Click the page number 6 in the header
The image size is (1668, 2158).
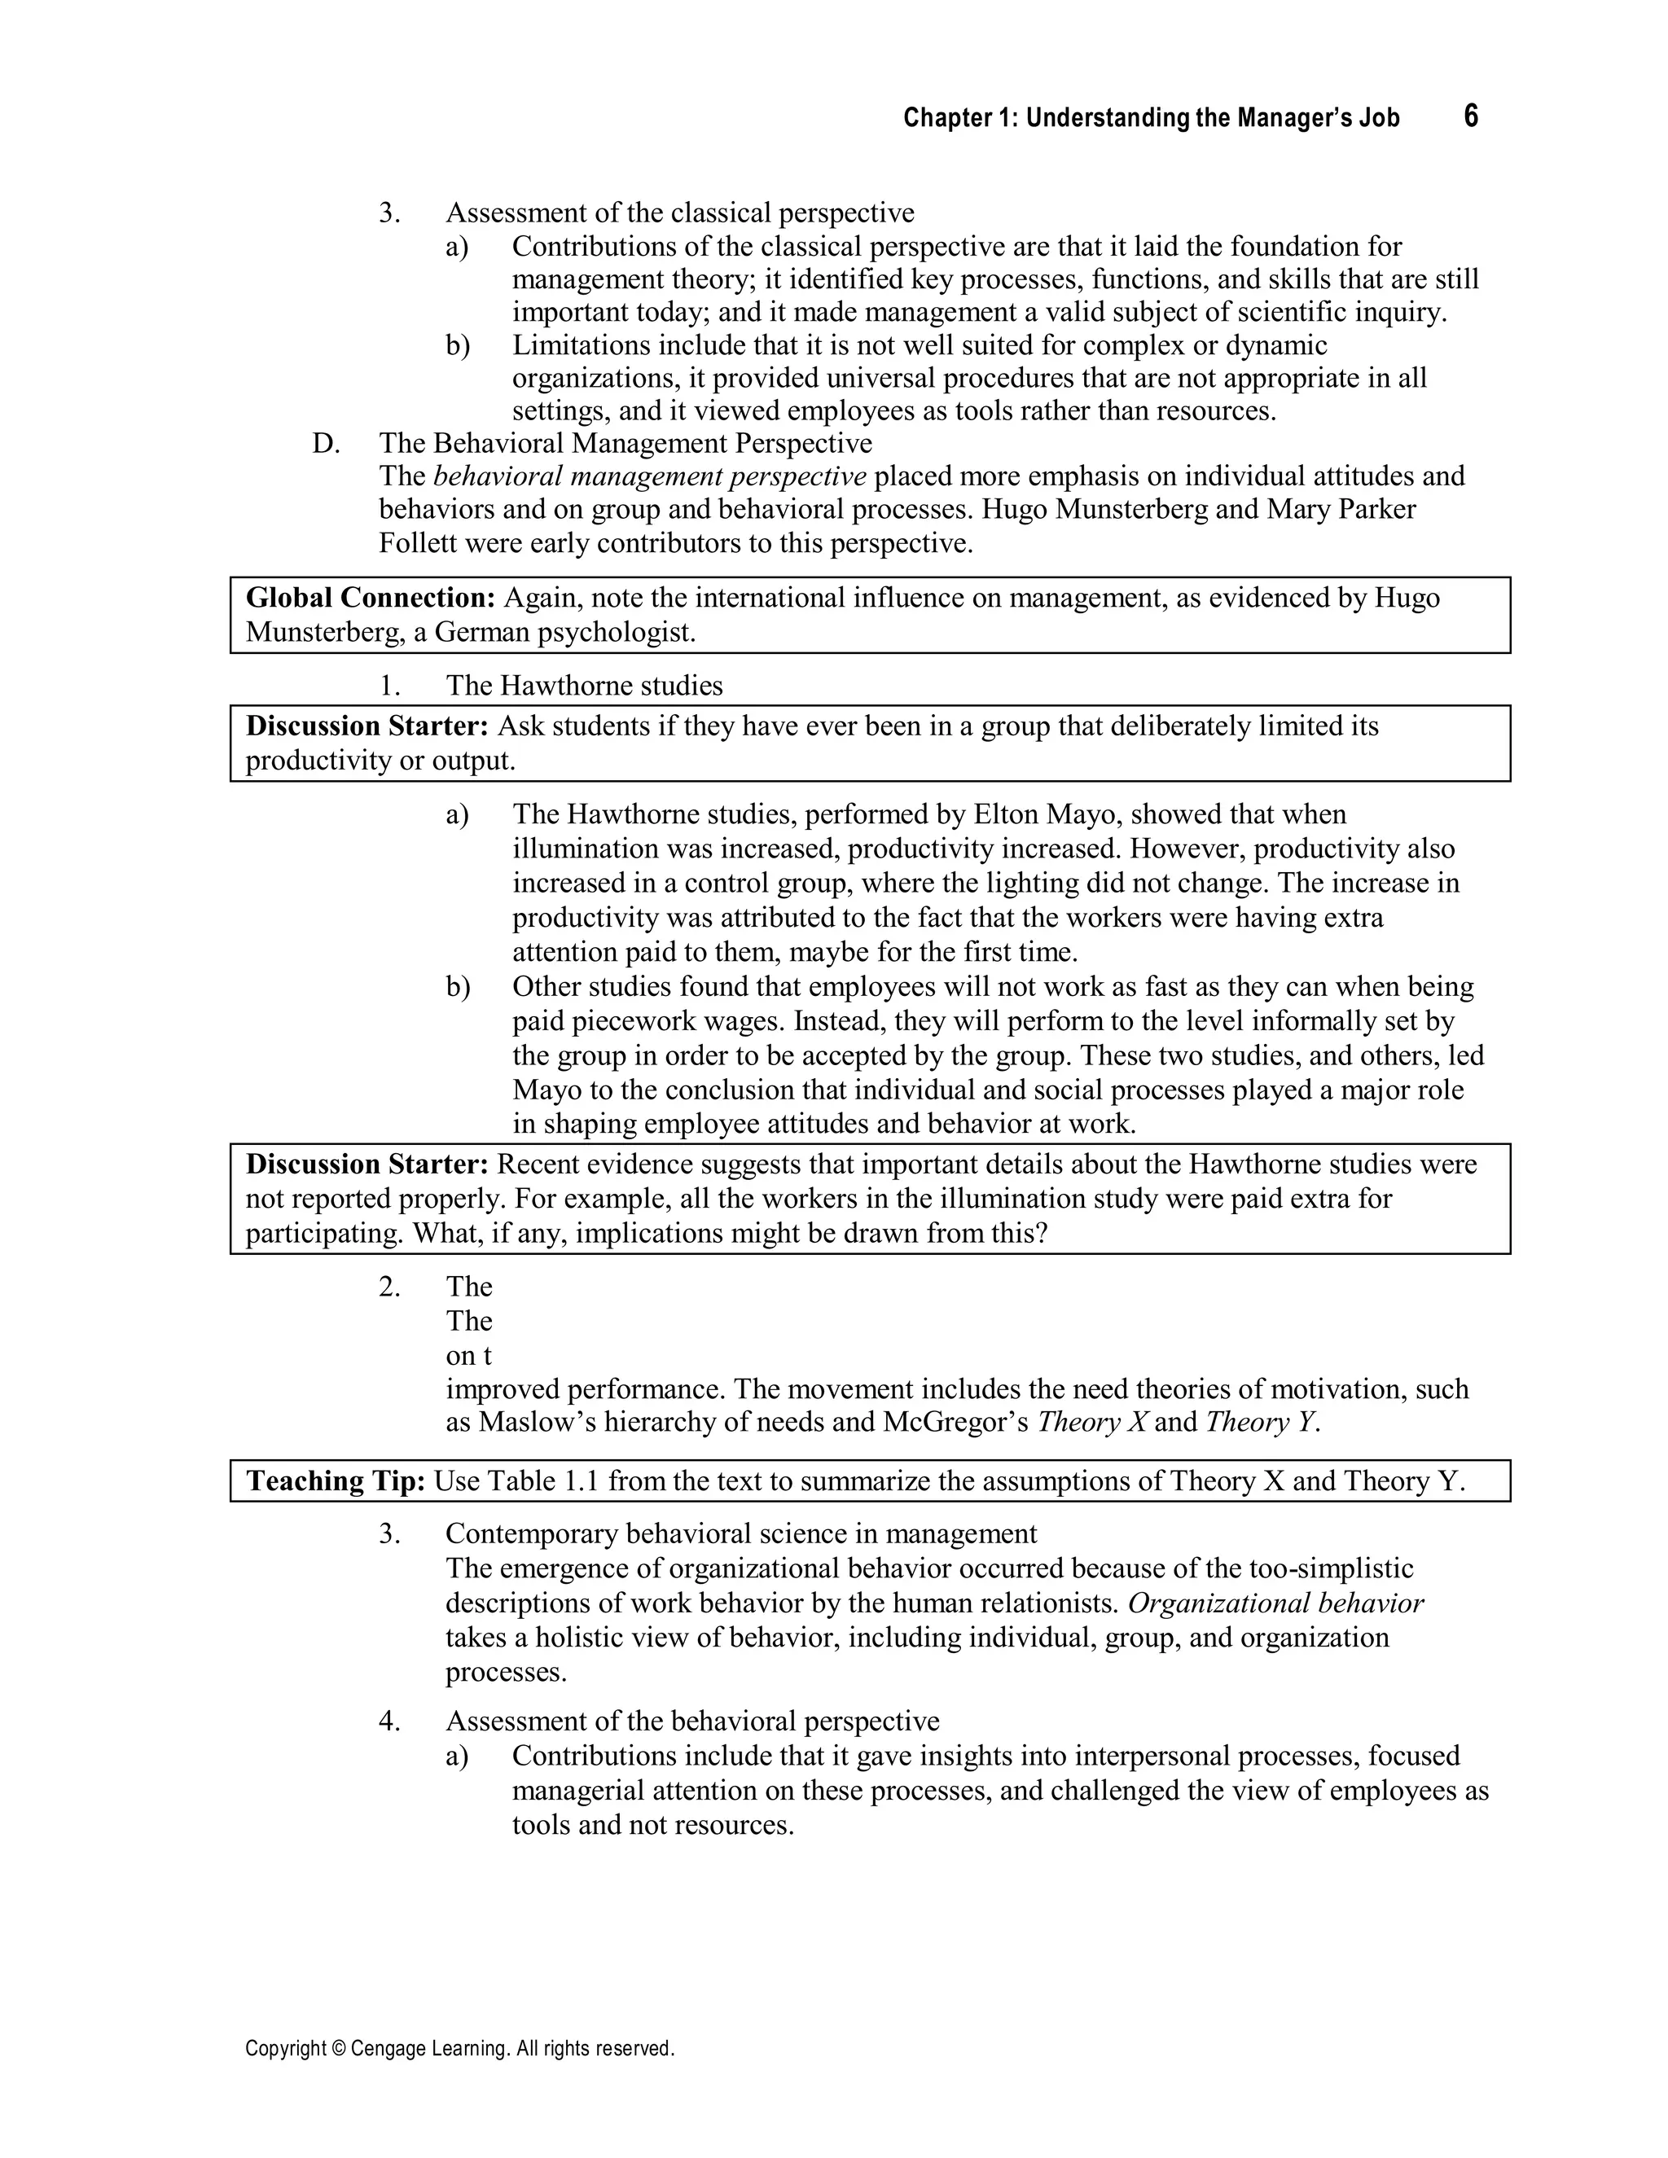click(1470, 116)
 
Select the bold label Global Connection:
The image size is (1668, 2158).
click(371, 598)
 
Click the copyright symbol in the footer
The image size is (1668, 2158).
click(334, 2048)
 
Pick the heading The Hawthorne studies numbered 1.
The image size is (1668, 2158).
click(584, 686)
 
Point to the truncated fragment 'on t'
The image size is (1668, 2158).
click(468, 1356)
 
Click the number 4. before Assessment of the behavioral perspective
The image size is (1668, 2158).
click(389, 1722)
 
